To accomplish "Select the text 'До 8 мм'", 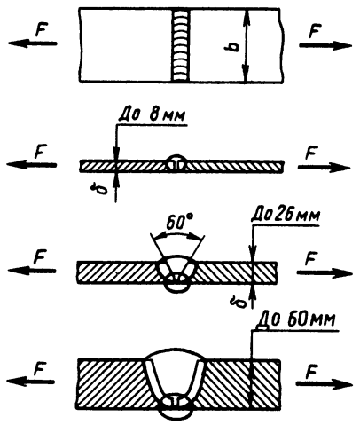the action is pos(152,115).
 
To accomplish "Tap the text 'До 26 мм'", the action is pos(286,216).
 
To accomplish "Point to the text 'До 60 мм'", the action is pos(296,320).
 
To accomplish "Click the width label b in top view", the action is pos(234,47).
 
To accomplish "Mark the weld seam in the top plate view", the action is pos(180,45).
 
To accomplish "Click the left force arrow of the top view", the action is pos(32,43).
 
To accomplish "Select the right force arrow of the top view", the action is pos(325,45).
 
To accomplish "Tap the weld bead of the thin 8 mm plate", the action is pos(176,162).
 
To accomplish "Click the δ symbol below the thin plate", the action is pos(102,188).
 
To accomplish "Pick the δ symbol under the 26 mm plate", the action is pos(240,302).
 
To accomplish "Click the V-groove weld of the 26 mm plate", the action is pos(177,272).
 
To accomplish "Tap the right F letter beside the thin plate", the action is pos(310,153).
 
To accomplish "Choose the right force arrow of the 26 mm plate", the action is pos(325,273).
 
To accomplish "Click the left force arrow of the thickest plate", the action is pos(30,382).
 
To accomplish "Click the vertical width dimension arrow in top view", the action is pos(247,45).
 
